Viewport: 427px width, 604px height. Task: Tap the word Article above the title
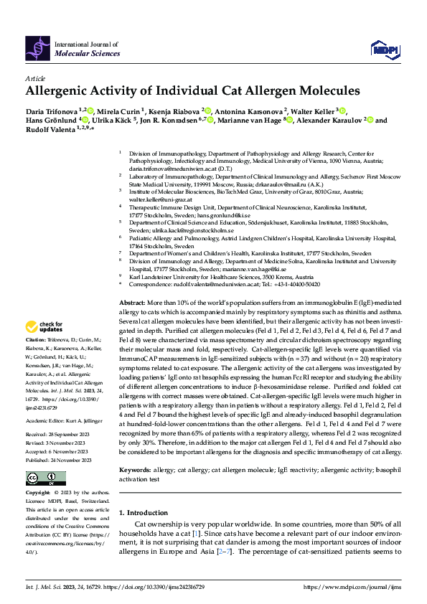pyautogui.click(x=35, y=79)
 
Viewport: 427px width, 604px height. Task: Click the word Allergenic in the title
pyautogui.click(x=62, y=91)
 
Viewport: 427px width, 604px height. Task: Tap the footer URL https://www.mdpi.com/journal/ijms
pyautogui.click(x=351, y=587)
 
